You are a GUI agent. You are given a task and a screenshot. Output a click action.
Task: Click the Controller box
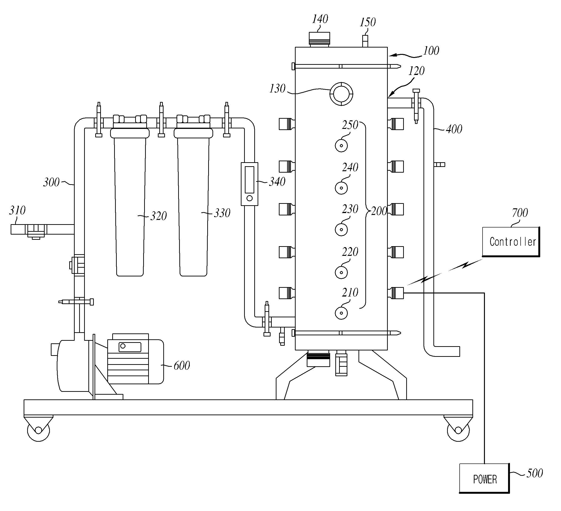[511, 242]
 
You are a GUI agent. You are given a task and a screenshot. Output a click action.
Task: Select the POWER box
[484, 478]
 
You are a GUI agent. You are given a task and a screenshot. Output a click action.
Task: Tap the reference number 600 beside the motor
[182, 366]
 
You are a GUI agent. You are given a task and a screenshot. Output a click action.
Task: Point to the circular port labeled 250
[341, 145]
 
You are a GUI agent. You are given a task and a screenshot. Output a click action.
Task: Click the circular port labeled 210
[341, 313]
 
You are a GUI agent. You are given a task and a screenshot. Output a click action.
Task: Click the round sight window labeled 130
[341, 94]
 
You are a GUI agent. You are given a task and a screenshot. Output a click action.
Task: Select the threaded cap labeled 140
[319, 39]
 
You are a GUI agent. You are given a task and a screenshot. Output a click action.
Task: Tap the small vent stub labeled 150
[365, 41]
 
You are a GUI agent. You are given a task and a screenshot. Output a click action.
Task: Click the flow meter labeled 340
[250, 184]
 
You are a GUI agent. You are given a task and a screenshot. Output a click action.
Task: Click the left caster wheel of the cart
[39, 430]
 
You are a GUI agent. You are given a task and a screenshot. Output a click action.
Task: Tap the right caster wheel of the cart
[458, 430]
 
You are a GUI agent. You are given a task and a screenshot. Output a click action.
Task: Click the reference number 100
[431, 51]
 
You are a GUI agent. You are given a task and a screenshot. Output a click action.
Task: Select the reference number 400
[454, 129]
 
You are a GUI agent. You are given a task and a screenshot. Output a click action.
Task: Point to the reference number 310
[17, 210]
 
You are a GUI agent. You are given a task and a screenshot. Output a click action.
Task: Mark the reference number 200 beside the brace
[379, 211]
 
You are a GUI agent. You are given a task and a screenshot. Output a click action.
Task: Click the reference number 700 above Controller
[520, 213]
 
